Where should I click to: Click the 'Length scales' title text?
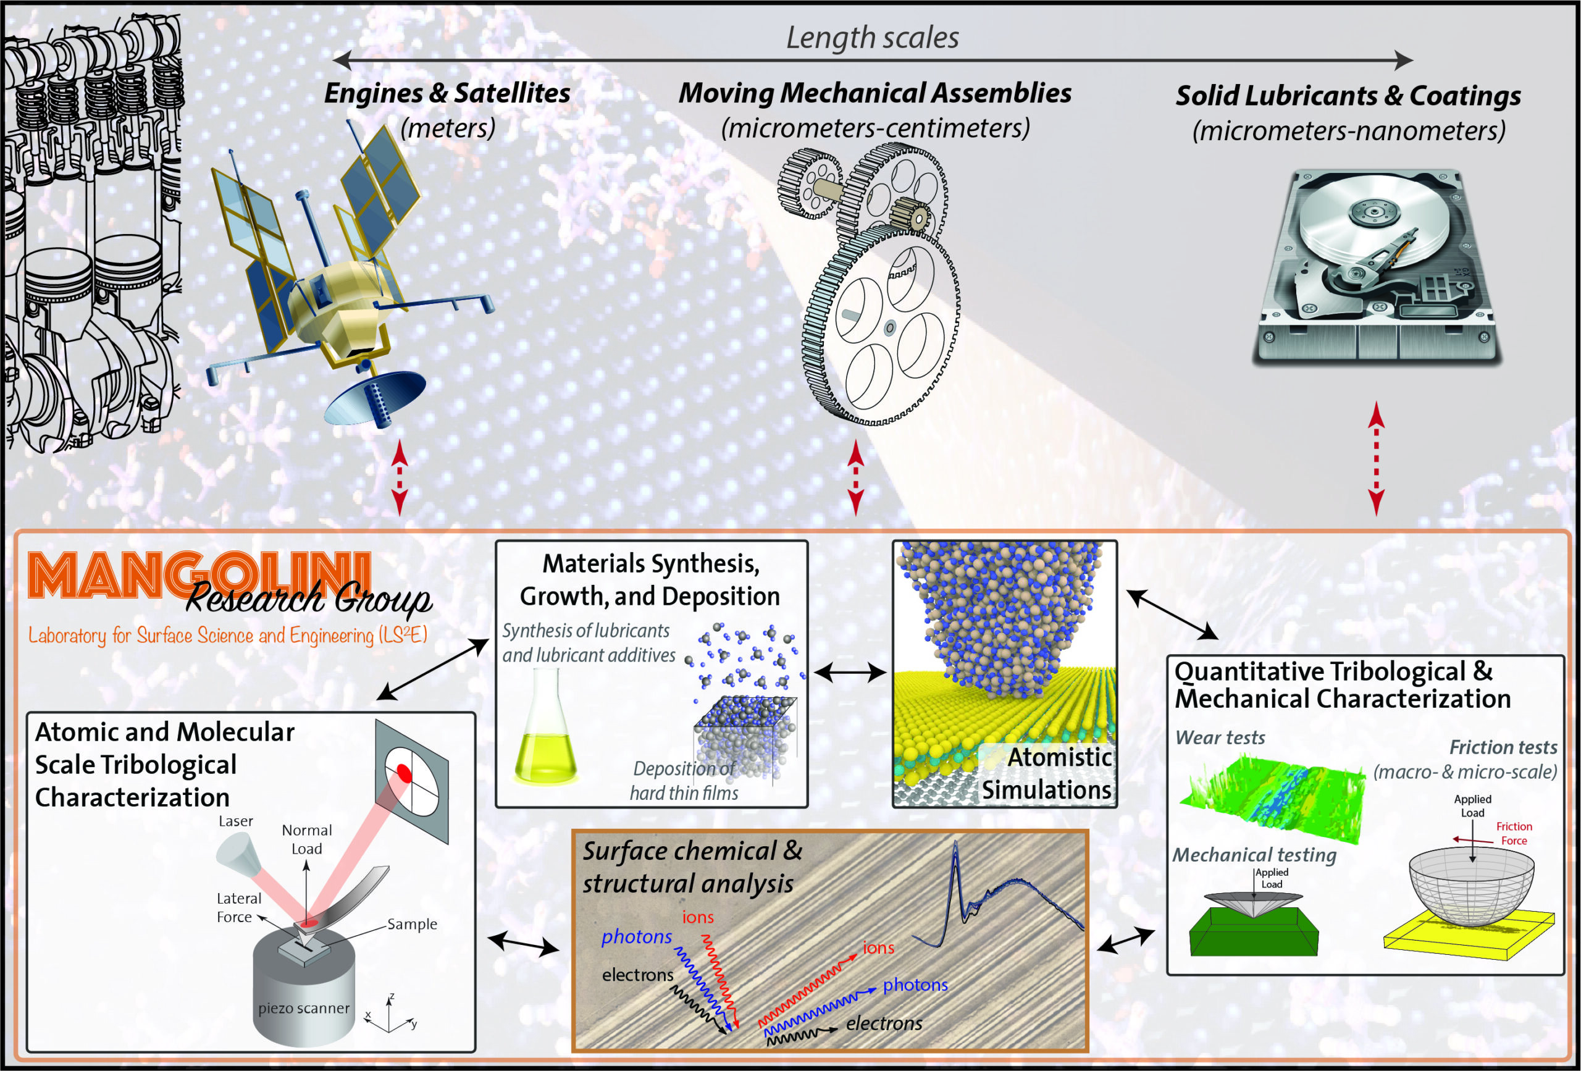click(872, 38)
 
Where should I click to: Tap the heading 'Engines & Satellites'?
click(447, 93)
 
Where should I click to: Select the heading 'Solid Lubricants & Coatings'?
click(1348, 96)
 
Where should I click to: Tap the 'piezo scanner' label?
click(303, 1009)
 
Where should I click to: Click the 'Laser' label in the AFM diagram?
click(235, 821)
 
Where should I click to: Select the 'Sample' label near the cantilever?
click(411, 924)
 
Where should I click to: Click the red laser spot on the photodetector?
click(403, 773)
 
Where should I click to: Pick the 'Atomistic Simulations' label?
click(1047, 774)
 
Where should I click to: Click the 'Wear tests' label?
click(1220, 737)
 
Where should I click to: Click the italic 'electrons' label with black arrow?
click(884, 1023)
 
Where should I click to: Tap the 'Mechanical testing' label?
click(1254, 855)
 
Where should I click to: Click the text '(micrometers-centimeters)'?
click(875, 128)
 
